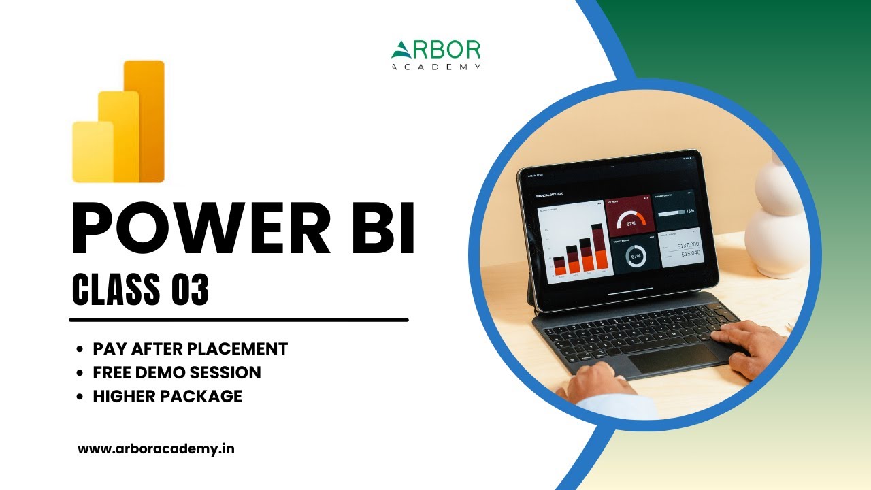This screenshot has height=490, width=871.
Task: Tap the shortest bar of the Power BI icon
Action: click(92, 152)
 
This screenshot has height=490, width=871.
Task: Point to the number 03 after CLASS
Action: click(190, 289)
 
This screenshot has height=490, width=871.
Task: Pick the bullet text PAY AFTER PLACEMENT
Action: click(191, 349)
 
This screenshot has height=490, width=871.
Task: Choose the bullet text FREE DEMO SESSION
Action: click(177, 372)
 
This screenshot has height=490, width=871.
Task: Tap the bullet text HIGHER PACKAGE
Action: click(167, 396)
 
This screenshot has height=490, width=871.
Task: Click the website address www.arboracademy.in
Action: click(157, 449)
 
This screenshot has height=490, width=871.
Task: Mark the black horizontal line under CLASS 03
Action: click(239, 319)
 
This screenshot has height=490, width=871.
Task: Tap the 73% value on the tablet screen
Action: click(689, 212)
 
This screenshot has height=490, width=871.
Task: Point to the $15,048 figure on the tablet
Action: click(691, 254)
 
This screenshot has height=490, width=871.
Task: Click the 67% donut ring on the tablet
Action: click(636, 257)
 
